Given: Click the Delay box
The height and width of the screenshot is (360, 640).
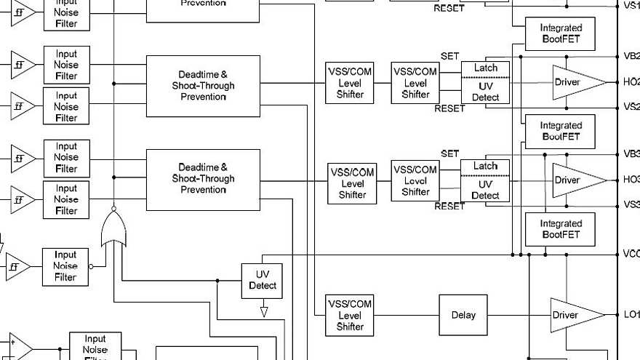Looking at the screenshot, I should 463,315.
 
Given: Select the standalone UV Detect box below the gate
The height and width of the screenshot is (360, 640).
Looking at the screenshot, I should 262,280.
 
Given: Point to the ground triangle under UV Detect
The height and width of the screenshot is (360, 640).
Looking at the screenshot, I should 264,312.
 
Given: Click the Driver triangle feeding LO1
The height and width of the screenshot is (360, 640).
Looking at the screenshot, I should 575,314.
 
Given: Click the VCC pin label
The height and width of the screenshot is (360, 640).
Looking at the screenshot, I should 631,254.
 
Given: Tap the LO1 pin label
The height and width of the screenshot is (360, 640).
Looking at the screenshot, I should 631,314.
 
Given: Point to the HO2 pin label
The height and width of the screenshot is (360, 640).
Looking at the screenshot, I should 631,82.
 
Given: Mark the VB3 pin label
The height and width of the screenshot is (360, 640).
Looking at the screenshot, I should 631,154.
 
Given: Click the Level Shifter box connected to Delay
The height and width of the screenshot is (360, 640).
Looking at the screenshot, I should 350,316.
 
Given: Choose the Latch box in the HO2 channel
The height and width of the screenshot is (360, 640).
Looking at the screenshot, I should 486,68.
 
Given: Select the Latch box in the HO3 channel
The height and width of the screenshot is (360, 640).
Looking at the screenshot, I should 486,166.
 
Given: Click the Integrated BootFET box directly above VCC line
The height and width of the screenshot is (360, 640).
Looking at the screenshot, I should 561,229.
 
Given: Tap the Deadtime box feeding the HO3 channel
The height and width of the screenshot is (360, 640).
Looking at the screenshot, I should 203,179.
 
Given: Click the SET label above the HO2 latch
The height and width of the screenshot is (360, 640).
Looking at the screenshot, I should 450,56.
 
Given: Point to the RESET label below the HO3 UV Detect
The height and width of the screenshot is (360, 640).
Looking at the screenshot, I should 449,207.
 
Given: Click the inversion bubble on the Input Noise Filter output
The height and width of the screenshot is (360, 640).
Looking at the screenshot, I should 91,267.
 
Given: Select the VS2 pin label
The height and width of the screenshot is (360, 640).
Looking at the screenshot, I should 631,107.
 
